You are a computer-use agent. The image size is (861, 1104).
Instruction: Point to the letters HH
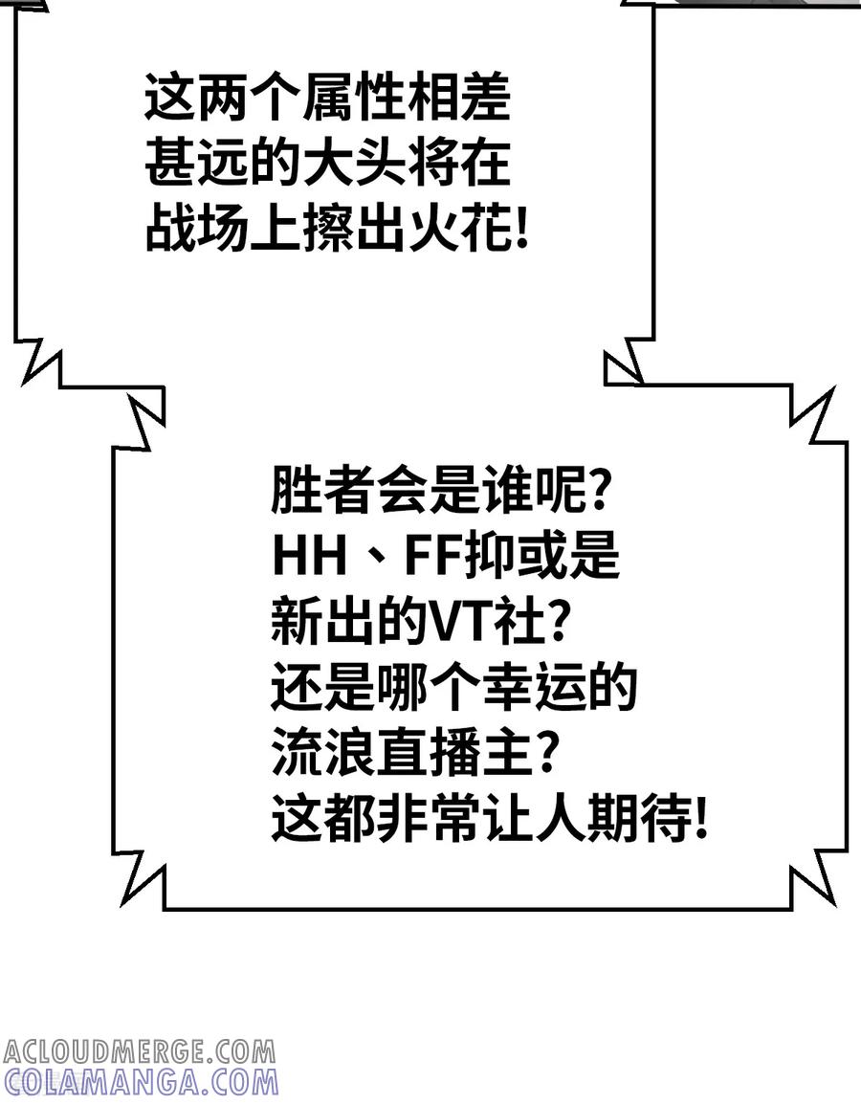(311, 555)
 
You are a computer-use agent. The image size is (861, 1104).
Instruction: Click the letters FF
(430, 555)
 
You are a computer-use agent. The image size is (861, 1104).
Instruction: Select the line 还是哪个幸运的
(453, 686)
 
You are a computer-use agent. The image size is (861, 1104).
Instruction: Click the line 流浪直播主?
(416, 752)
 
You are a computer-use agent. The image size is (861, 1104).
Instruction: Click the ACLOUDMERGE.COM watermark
(139, 1052)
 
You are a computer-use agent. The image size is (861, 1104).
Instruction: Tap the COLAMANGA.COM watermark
(141, 1082)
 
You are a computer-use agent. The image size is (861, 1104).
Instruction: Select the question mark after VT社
(557, 621)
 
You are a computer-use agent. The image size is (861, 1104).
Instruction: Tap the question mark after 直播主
(548, 752)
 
